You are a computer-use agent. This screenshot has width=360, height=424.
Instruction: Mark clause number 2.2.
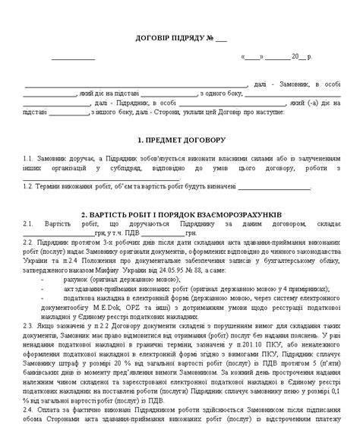pos(29,239)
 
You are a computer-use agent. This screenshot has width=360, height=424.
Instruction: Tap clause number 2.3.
pos(29,323)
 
